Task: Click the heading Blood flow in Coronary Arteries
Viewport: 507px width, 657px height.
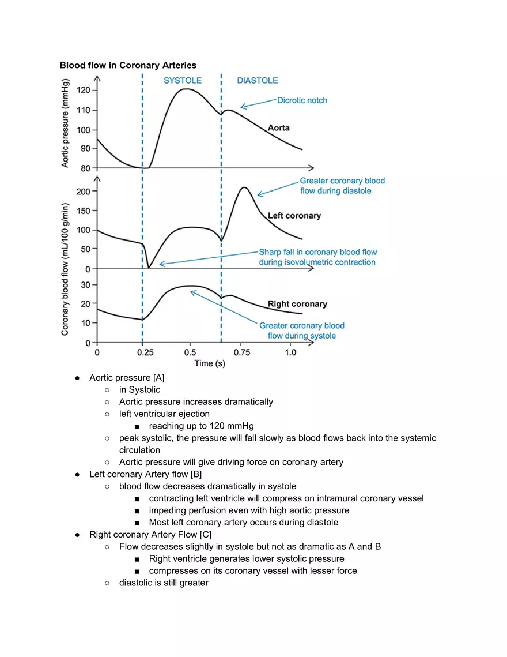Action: tap(128, 65)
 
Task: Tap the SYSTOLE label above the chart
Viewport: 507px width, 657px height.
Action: tap(182, 81)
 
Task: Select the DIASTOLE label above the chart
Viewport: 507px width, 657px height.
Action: tap(257, 81)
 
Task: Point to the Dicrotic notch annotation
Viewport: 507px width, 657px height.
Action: tap(302, 100)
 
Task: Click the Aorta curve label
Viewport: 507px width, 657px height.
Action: tap(278, 127)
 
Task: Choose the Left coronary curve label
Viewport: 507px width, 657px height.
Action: tap(294, 216)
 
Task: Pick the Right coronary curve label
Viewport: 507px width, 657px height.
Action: tap(297, 304)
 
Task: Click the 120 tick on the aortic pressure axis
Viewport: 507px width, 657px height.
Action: tap(83, 91)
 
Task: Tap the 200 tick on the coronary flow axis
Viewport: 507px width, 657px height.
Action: tap(83, 191)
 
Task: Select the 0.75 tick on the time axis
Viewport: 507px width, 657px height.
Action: tap(242, 352)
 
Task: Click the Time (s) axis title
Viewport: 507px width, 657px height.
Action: tap(210, 363)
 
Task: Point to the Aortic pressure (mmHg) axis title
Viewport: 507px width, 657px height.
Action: tap(66, 123)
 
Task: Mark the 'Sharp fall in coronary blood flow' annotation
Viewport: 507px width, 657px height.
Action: tap(317, 257)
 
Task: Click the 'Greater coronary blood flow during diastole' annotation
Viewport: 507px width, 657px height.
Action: tap(342, 186)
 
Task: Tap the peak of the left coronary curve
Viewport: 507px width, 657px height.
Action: tap(244, 187)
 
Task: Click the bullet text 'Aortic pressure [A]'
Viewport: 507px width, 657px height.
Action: tap(127, 378)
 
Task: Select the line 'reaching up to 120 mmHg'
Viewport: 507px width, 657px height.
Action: tap(201, 426)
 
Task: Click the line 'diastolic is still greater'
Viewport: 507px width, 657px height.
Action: tap(164, 583)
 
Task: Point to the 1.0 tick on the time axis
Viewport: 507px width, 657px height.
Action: tap(290, 352)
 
